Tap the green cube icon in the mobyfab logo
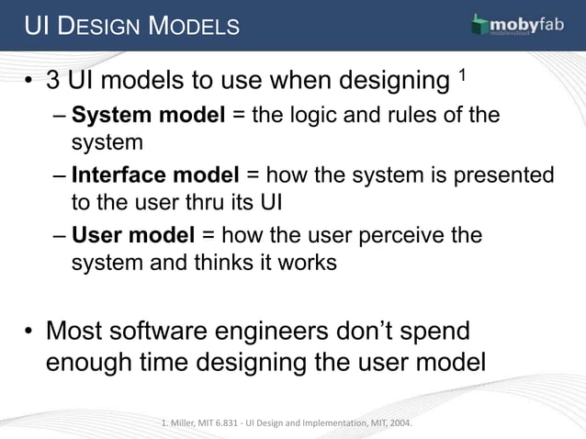(479, 26)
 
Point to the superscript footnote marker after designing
(464, 73)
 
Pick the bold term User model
(133, 235)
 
